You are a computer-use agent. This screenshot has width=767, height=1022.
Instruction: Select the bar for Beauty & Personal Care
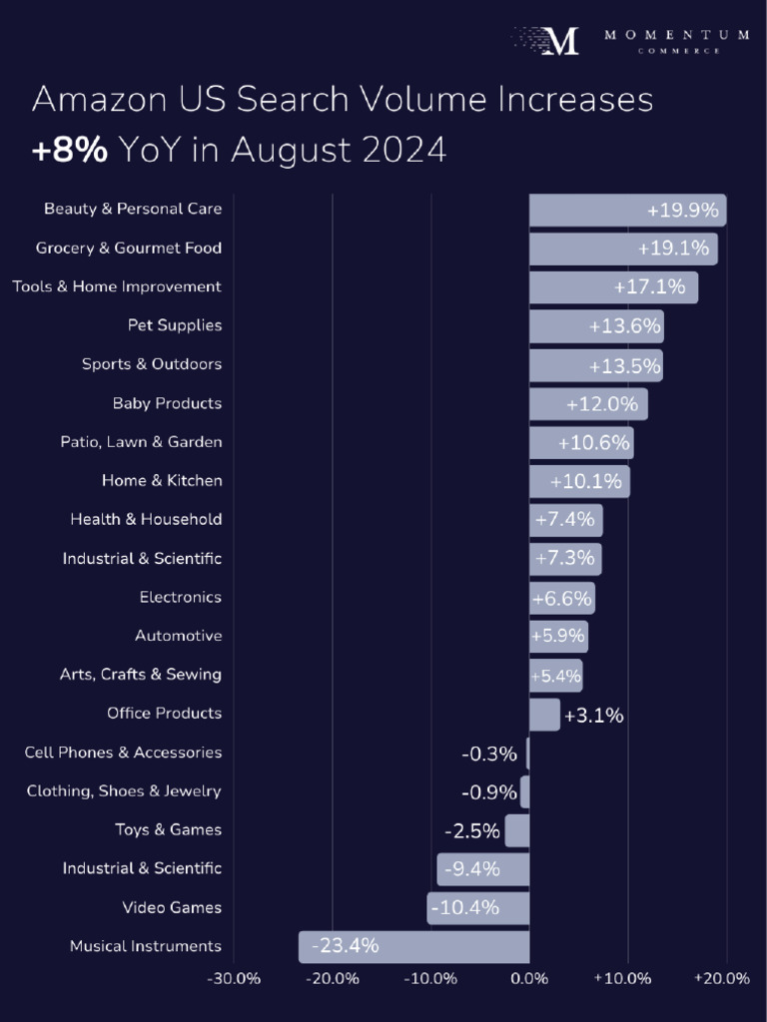pos(627,210)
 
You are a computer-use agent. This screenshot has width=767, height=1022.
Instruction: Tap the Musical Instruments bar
pos(413,946)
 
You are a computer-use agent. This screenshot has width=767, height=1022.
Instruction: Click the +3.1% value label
pos(593,715)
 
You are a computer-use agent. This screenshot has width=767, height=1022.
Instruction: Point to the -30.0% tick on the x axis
pos(234,978)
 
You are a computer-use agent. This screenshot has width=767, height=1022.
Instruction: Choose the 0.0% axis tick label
pos(529,978)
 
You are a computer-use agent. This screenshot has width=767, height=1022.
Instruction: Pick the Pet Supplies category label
pos(175,325)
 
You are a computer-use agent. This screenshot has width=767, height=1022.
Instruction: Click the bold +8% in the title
pos(70,150)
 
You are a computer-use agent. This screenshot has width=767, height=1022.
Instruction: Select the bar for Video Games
pos(478,908)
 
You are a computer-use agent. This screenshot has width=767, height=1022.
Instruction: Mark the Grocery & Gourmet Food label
pos(129,248)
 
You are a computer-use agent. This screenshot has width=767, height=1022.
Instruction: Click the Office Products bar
pos(544,715)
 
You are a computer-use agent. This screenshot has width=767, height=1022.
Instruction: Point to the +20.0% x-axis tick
pos(722,978)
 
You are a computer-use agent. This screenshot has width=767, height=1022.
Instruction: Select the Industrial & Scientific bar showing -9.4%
pos(483,869)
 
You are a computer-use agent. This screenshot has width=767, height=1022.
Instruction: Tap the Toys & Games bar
pos(517,830)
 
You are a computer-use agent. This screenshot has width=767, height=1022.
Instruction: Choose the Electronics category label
pos(181,597)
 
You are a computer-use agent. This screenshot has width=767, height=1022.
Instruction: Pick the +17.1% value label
pos(649,287)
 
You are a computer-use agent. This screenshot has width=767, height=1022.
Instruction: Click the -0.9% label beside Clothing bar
pos(489,792)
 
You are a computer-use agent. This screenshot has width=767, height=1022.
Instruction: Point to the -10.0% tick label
pos(430,978)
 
